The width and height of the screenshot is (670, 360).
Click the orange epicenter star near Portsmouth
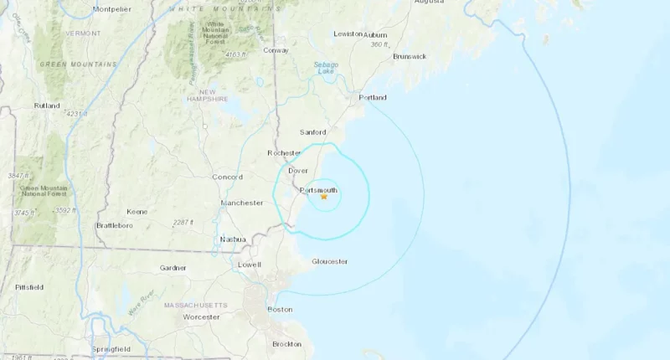point(323,197)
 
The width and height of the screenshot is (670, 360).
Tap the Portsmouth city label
point(318,190)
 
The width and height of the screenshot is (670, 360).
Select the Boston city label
point(280,309)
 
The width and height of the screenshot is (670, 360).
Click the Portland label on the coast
point(373,97)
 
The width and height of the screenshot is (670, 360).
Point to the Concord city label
point(227,177)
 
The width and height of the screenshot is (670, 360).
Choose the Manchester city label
point(242,203)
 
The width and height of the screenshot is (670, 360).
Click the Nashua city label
point(232,239)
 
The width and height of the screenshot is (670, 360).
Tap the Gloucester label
point(329,261)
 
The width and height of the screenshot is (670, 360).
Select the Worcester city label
point(201,316)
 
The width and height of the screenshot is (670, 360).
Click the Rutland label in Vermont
point(47,105)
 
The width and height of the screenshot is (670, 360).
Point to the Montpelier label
point(112,9)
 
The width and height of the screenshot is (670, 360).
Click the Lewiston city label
point(348,33)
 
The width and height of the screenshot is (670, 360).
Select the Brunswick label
point(410,56)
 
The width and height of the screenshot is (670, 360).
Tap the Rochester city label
point(284,152)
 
